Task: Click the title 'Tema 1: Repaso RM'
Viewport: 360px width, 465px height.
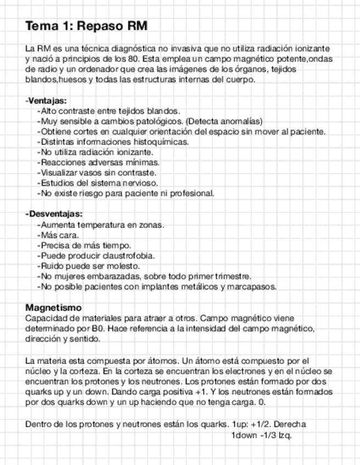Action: (86, 26)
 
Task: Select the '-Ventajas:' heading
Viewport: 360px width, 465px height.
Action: (46, 100)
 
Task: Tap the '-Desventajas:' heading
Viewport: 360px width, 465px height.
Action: (54, 214)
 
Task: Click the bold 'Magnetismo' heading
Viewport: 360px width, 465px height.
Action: (53, 308)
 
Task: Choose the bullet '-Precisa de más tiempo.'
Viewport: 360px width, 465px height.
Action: (83, 245)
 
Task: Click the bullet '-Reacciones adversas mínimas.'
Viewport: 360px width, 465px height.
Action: (98, 162)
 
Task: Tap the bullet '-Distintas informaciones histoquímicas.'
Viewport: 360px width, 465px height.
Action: (113, 141)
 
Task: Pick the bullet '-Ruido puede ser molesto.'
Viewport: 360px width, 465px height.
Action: (88, 266)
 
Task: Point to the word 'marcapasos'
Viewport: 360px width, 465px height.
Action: (254, 286)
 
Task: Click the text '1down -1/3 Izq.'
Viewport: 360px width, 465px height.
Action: (261, 435)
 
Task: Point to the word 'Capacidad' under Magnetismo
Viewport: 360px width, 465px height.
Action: (44, 318)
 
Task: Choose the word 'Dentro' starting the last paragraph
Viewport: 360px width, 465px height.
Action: (38, 424)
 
